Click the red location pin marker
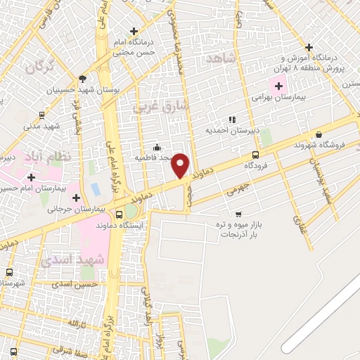tap(181, 165)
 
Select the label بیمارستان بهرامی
tap(278, 96)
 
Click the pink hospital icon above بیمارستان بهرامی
tap(279, 86)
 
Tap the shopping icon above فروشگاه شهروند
tap(319, 135)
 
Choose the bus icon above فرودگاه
tap(255, 155)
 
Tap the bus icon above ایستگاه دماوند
tap(118, 214)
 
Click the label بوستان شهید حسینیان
tap(84, 90)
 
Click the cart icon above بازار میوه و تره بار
tap(239, 213)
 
